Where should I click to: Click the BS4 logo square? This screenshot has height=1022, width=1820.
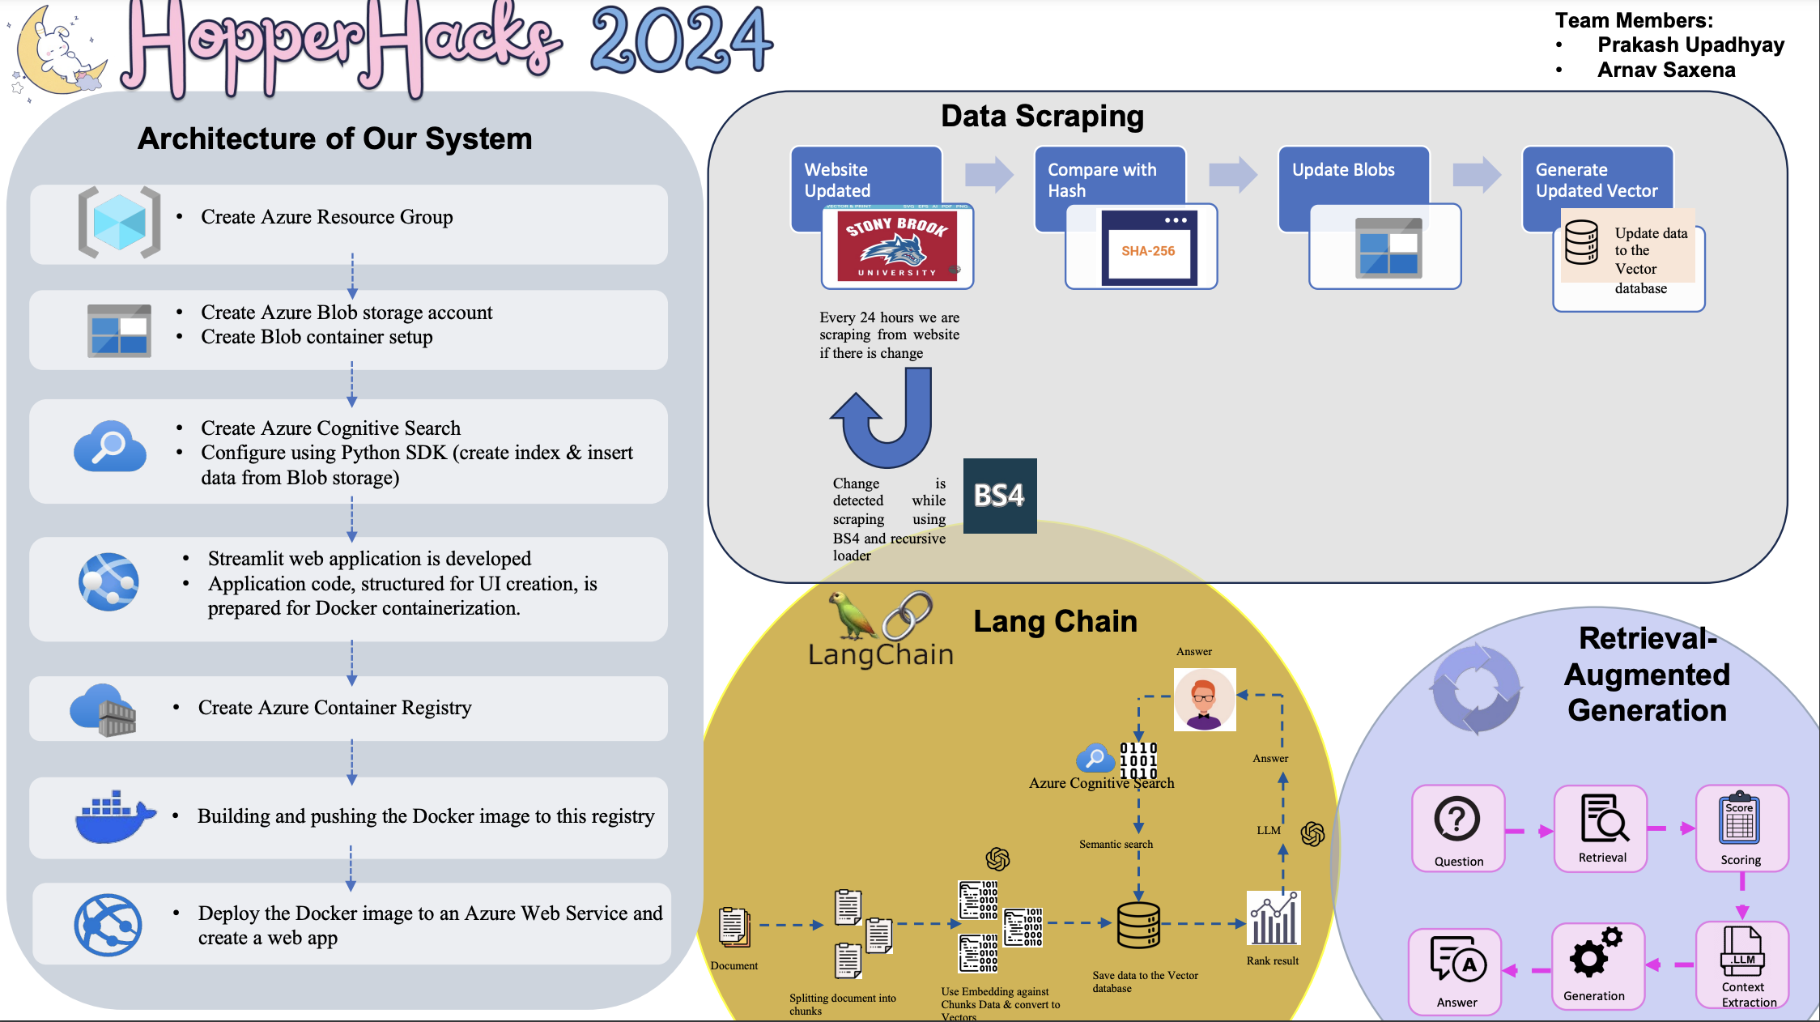999,496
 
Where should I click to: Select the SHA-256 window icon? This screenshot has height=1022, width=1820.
1148,248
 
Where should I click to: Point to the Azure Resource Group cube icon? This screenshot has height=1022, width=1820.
119,222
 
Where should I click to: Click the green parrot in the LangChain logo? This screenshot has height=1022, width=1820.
849,615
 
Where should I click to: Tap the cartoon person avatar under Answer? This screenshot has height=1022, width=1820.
1205,700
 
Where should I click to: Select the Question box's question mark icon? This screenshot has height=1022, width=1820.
1456,819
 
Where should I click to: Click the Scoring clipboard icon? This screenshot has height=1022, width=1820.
1739,819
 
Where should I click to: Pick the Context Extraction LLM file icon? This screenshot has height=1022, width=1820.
1742,952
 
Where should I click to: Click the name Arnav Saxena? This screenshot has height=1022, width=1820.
1665,70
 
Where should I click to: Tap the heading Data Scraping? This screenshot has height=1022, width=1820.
1042,117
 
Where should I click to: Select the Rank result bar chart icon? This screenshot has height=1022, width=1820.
1274,919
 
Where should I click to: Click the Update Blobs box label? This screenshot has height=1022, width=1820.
1343,170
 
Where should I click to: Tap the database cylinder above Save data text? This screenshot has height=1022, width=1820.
1138,925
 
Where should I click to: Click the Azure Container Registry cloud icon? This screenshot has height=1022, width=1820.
104,709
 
